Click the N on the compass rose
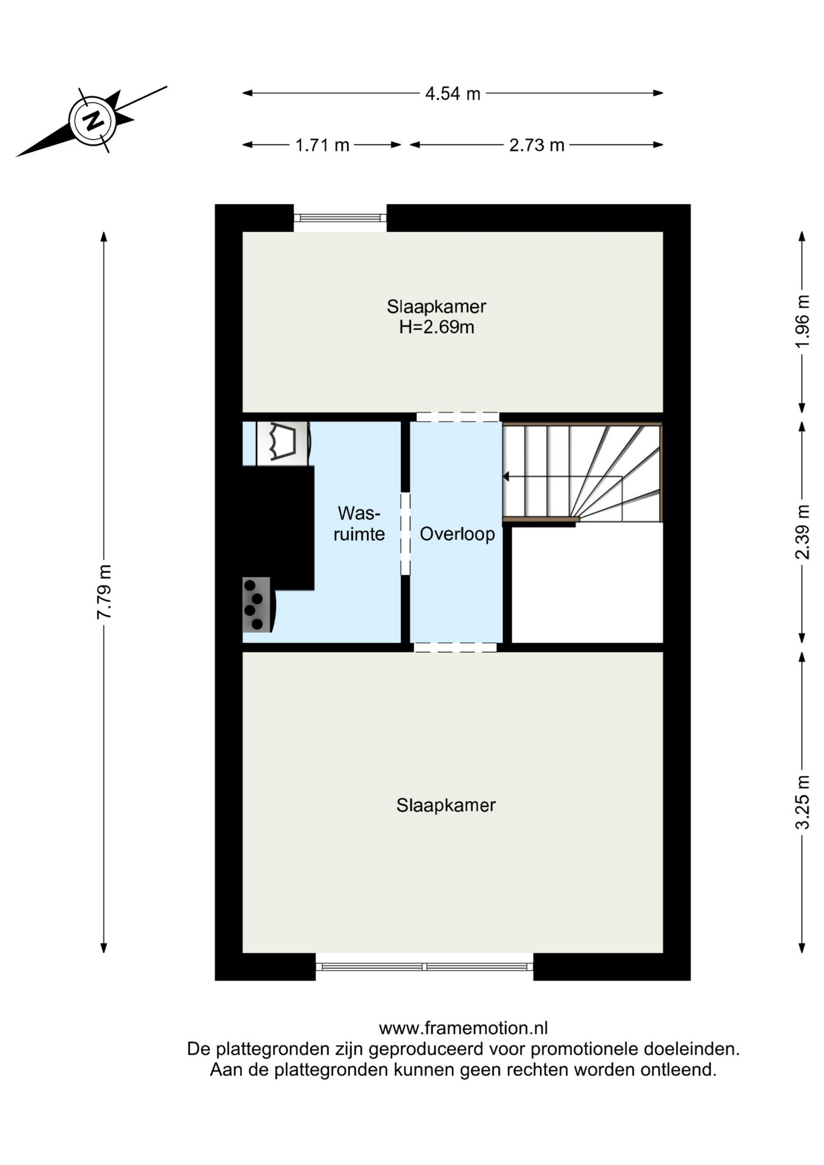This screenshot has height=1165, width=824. [x=93, y=120]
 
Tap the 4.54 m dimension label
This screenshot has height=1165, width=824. [x=453, y=94]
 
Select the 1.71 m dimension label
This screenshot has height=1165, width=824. [x=322, y=146]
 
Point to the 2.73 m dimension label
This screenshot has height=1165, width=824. [x=536, y=146]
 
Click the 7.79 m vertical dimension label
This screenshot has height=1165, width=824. [x=104, y=592]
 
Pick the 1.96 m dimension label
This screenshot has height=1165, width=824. [x=802, y=322]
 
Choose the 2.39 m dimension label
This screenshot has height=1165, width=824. [x=802, y=532]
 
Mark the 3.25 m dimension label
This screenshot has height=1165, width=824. [x=802, y=802]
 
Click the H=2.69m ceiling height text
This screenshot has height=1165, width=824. [x=437, y=328]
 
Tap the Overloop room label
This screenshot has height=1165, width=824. [x=458, y=534]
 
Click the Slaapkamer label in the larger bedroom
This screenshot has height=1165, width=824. [x=446, y=805]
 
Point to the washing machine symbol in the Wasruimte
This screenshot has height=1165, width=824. [x=282, y=443]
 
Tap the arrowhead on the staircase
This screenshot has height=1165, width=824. [x=505, y=477]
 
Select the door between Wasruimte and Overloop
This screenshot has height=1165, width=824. [x=405, y=534]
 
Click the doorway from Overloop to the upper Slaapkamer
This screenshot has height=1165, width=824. [x=458, y=417]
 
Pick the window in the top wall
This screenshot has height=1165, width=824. [x=340, y=218]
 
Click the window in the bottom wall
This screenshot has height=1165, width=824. [x=425, y=967]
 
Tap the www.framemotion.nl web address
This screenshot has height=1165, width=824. [x=464, y=1028]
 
